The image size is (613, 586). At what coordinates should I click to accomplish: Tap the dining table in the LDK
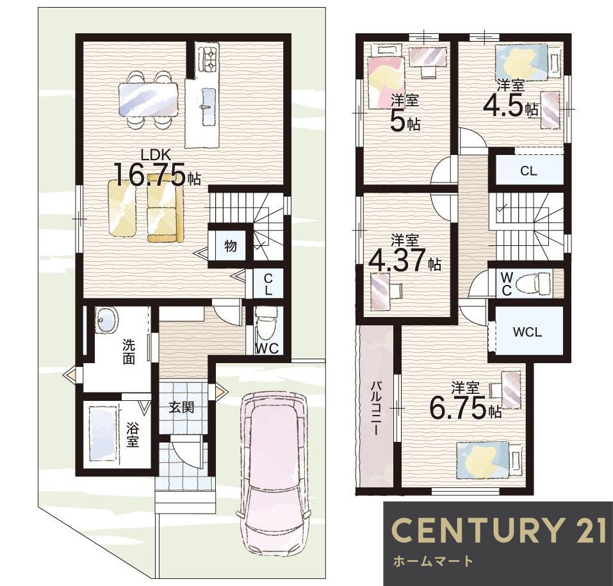pyautogui.click(x=149, y=100)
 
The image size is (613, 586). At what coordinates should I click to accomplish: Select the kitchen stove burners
pyautogui.click(x=207, y=59)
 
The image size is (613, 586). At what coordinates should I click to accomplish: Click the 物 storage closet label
pyautogui.click(x=231, y=247)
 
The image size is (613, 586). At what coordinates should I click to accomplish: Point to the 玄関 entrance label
pyautogui.click(x=182, y=408)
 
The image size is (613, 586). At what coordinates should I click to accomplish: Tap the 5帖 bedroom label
pyautogui.click(x=405, y=113)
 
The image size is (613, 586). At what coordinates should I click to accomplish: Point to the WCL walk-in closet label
pyautogui.click(x=527, y=332)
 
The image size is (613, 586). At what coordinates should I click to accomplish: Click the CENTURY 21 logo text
pyautogui.click(x=499, y=530)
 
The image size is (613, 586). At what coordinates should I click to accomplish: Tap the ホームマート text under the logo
pyautogui.click(x=432, y=562)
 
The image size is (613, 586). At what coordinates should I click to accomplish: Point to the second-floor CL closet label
pyautogui.click(x=528, y=171)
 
